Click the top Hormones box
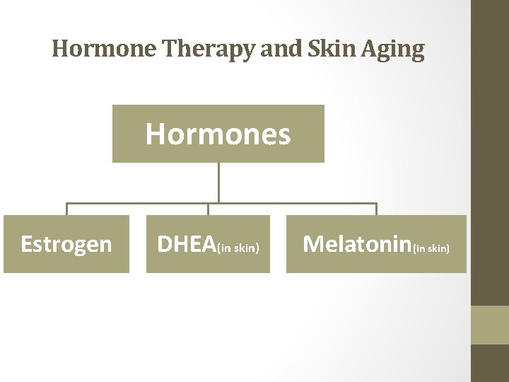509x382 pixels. [x=218, y=134]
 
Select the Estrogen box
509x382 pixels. [x=66, y=244]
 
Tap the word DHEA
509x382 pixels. [x=186, y=244]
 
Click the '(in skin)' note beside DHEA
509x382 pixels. [x=239, y=248]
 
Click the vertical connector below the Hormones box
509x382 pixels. [x=218, y=183]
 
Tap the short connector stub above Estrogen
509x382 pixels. [x=67, y=209]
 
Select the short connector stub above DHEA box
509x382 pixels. [x=208, y=209]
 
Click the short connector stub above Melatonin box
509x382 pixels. [x=376, y=209]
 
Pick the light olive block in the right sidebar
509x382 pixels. [x=490, y=325]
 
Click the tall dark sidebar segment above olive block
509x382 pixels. [x=490, y=152]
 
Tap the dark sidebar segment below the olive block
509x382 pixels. [x=490, y=363]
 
